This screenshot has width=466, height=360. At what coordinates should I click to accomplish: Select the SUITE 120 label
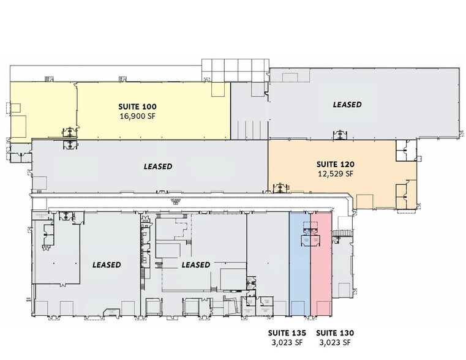(x=336, y=164)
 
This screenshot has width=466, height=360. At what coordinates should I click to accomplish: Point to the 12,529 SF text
(x=336, y=174)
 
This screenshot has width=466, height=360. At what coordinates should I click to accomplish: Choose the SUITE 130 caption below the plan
(x=335, y=332)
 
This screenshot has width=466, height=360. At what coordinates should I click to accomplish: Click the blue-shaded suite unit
(x=299, y=276)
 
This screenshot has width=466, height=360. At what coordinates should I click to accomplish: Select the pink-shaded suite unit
(x=321, y=276)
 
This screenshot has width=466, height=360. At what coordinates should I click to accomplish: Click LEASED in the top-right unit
(x=347, y=105)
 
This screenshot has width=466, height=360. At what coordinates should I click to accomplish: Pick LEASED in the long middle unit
(x=158, y=167)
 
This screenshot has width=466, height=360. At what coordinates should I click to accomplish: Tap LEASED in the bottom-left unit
(x=107, y=265)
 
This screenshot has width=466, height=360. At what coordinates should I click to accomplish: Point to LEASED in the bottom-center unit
(x=196, y=265)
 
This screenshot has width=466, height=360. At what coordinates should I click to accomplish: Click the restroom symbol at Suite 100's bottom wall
(x=72, y=131)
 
